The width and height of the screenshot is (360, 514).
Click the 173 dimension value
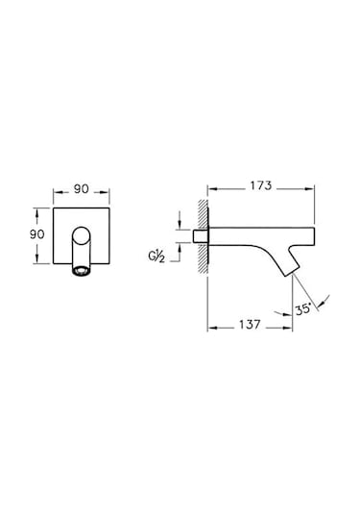coord(261,185)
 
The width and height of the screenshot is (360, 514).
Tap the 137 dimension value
coord(250,325)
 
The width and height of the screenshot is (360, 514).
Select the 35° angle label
coord(303,309)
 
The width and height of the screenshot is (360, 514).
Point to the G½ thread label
coord(156,256)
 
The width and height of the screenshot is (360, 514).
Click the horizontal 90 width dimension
coord(81,189)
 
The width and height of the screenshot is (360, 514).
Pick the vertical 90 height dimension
coord(37,234)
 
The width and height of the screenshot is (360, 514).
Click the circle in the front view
coord(81,235)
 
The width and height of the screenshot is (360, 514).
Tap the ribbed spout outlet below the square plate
coord(81,270)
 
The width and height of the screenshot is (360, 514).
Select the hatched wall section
coord(204,235)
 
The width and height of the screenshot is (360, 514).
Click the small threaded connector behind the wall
coord(200,236)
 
